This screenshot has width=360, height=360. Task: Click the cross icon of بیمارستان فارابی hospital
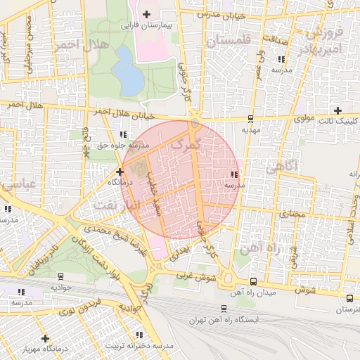click(x=146, y=14)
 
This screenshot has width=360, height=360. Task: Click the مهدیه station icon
click(x=251, y=119)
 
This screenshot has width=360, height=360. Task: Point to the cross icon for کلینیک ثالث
click(x=338, y=110)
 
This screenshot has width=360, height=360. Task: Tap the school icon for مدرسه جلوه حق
click(x=124, y=134)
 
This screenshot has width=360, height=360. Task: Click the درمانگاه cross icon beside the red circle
click(x=120, y=171)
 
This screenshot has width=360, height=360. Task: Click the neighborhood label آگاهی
click(x=282, y=166)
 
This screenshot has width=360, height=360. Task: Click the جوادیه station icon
click(x=60, y=277)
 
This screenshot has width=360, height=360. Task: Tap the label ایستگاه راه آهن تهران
click(x=224, y=319)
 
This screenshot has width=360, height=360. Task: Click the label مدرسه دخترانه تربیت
click(x=139, y=346)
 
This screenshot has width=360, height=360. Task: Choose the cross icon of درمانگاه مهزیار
click(x=46, y=338)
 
